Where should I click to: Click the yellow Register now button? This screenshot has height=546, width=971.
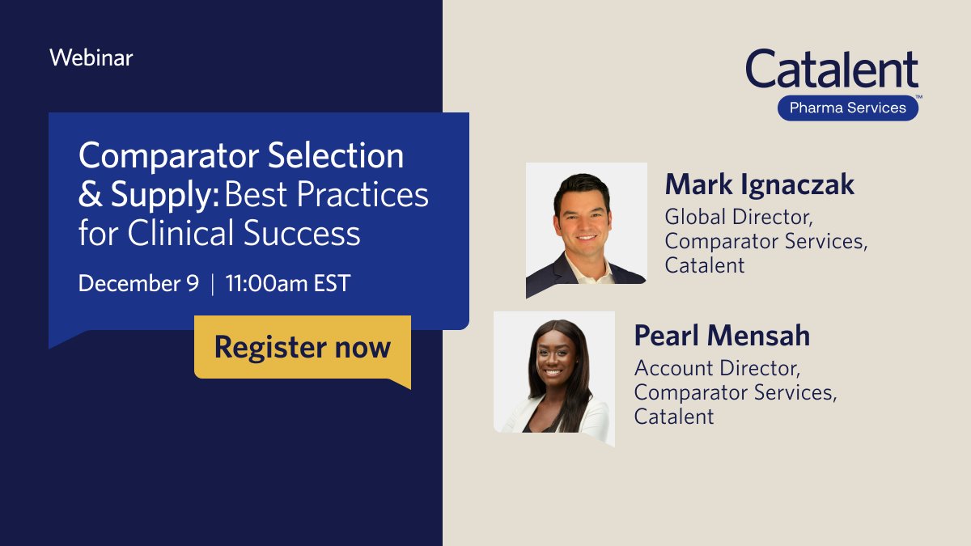click(302, 347)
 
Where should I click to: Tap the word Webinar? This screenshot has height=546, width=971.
click(91, 58)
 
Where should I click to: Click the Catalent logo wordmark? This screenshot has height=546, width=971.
click(832, 70)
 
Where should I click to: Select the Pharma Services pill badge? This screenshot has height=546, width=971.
click(847, 108)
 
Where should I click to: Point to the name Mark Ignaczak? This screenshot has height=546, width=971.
click(759, 184)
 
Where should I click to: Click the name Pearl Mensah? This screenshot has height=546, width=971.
click(722, 335)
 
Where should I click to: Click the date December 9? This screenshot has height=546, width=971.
click(139, 284)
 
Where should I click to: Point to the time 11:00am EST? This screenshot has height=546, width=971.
click(287, 284)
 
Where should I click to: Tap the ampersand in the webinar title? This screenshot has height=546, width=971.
click(87, 195)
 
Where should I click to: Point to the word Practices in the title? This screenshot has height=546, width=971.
click(373, 195)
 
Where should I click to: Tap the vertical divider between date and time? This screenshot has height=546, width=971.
click(213, 285)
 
